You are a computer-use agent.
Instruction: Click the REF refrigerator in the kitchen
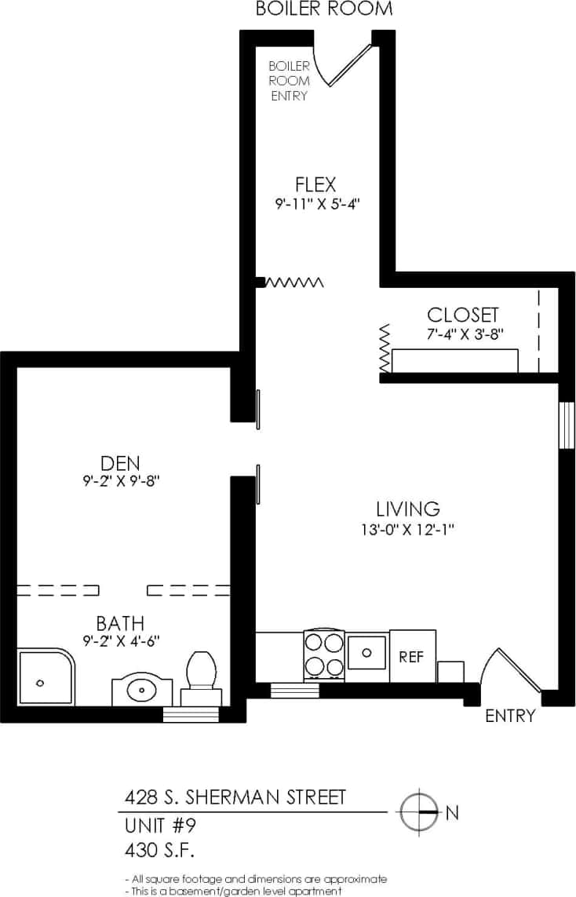tap(412, 655)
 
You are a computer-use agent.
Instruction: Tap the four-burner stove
tap(324, 655)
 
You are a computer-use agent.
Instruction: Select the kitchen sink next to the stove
tap(366, 651)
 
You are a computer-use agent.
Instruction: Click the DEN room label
tap(120, 462)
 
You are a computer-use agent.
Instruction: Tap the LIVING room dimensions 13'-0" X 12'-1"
tap(403, 530)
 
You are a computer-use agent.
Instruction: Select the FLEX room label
tap(315, 185)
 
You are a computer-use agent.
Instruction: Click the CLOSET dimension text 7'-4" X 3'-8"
tap(462, 334)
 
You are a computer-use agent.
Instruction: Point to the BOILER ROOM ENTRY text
tap(289, 81)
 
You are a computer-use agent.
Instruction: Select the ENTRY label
tap(510, 716)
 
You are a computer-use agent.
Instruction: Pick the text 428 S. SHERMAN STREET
tap(235, 797)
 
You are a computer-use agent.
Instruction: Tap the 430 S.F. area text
tap(160, 849)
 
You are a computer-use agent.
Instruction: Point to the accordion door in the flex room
tap(293, 283)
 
